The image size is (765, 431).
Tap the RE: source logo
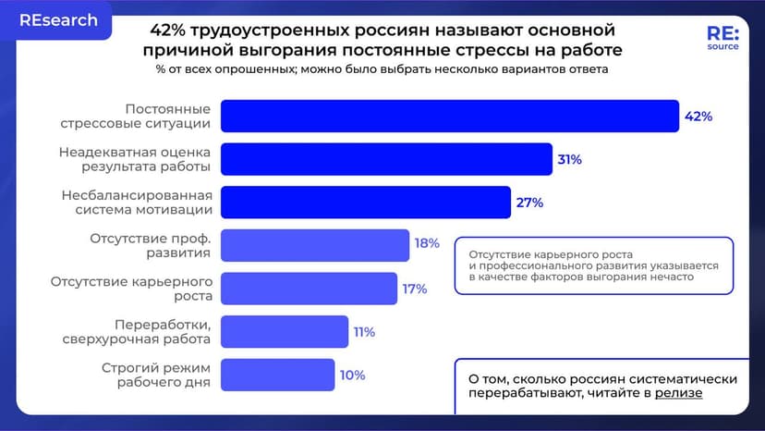[x=722, y=38]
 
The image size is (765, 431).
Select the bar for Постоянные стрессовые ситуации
[x=450, y=116]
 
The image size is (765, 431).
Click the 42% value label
[x=698, y=117]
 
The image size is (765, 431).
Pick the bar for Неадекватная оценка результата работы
[x=386, y=159]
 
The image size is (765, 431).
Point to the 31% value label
[x=569, y=159]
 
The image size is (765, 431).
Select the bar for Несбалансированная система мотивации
[x=366, y=203]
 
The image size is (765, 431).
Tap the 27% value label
[x=529, y=203]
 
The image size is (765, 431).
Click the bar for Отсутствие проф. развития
[x=315, y=245]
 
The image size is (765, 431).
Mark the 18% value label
[x=427, y=244]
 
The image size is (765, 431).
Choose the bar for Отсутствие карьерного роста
[x=310, y=289]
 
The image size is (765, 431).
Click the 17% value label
[x=414, y=289]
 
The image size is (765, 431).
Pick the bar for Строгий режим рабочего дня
[x=278, y=376]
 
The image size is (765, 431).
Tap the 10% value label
[x=352, y=376]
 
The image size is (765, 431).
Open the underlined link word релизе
[x=679, y=393]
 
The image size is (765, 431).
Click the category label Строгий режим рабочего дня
[x=156, y=376]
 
